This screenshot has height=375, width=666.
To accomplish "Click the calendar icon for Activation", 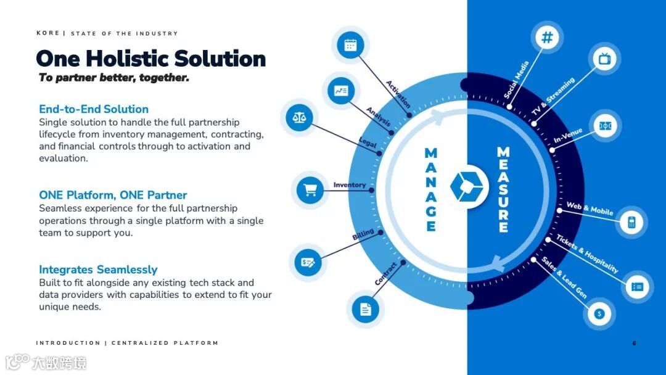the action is (x=350, y=45).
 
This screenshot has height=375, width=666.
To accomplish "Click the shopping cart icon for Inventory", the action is (x=311, y=190).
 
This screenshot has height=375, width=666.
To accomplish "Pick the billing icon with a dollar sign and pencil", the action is (x=308, y=262).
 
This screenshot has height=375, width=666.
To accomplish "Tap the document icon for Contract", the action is (x=365, y=308).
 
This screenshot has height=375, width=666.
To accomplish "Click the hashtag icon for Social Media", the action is (x=547, y=38).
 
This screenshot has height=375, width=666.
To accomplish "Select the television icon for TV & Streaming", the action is (x=604, y=59).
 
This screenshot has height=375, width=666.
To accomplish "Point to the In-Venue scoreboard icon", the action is (x=605, y=126).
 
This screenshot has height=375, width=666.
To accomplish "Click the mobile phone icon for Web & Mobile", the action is (x=631, y=222).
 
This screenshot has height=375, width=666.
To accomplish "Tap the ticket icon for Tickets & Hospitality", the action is (x=637, y=287).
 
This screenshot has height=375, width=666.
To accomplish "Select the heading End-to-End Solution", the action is (x=94, y=109).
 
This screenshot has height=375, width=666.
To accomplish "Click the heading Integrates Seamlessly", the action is (x=98, y=270).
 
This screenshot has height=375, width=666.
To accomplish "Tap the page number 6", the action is (x=634, y=343).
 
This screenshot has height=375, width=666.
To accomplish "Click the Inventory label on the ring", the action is (x=350, y=184).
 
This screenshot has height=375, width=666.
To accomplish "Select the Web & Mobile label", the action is (x=590, y=208).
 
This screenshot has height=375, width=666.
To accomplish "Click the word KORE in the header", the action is (x=47, y=33).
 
